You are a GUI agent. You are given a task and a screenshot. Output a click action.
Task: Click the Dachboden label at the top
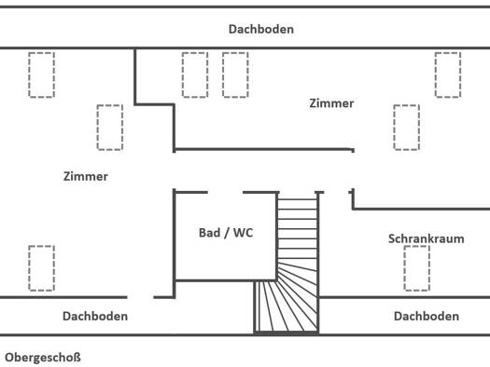click(x=261, y=29)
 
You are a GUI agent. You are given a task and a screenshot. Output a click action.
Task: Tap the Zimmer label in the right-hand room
click(x=331, y=103)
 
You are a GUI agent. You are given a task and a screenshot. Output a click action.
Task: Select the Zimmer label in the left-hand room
click(x=86, y=176)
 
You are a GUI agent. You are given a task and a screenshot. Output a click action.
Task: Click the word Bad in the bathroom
click(x=209, y=233)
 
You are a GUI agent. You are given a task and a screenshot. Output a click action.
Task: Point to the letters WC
click(x=243, y=233)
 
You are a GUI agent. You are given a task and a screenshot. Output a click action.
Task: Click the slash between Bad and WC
click(x=226, y=233)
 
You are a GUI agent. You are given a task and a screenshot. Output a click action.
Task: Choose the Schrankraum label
click(x=426, y=238)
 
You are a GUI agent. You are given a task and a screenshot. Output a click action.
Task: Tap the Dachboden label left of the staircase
click(x=95, y=316)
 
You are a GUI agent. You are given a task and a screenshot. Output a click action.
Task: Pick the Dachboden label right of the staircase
click(x=427, y=316)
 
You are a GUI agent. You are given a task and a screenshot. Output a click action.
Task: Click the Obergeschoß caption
click(x=43, y=358)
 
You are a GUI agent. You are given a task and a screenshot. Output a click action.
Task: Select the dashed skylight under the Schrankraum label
click(x=416, y=268)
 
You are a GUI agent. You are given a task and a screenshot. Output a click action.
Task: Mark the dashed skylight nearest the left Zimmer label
click(x=110, y=128)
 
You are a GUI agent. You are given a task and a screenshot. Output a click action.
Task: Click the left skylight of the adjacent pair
click(x=195, y=75)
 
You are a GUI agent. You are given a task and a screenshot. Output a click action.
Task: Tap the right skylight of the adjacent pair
click(x=235, y=75)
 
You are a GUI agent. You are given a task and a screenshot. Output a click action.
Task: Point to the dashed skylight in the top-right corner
click(x=448, y=75)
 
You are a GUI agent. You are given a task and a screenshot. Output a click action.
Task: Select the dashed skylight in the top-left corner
click(x=42, y=75)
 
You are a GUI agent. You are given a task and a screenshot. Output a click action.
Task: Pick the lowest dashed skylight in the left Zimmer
click(x=42, y=268)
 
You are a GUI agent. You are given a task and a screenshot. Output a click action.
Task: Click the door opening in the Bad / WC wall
click(x=225, y=193)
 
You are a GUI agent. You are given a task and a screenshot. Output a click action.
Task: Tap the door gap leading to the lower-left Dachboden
click(x=140, y=297)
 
